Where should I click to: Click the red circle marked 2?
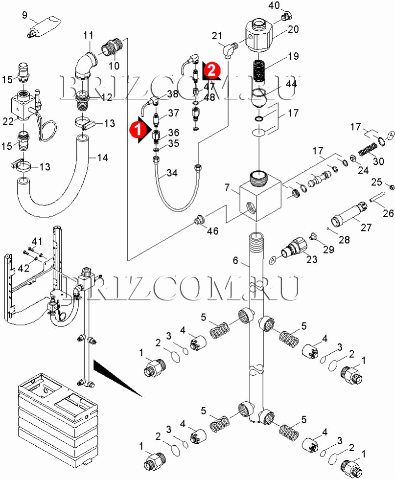[x=211, y=70]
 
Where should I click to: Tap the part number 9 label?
[x=25, y=15]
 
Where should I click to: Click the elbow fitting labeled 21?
[x=228, y=49]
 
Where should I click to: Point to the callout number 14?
[x=102, y=158]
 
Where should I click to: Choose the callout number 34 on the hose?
[x=172, y=173]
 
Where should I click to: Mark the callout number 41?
[x=37, y=241]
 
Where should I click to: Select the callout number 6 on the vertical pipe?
[x=235, y=261]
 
